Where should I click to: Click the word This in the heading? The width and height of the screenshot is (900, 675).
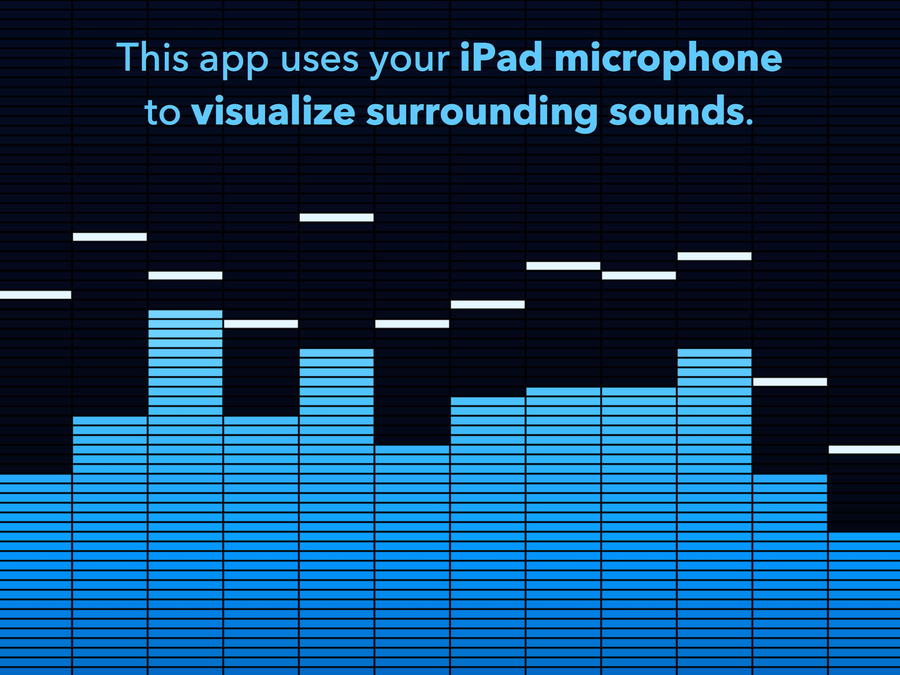(x=153, y=57)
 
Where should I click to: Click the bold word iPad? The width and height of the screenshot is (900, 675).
(x=501, y=57)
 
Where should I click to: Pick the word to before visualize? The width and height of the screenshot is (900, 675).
(x=162, y=112)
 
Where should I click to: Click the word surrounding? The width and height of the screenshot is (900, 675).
(x=482, y=114)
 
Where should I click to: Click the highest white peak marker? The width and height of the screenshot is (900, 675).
(x=336, y=217)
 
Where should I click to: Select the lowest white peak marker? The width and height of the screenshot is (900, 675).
(x=864, y=450)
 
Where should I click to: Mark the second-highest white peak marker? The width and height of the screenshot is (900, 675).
(x=110, y=237)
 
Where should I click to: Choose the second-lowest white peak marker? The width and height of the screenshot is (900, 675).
(x=790, y=382)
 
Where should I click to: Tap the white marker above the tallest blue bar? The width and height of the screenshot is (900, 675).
(x=185, y=276)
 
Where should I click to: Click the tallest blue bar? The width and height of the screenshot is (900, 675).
(x=185, y=492)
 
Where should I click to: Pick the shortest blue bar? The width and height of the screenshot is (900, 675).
(x=864, y=604)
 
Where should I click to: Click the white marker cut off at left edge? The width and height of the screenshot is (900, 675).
(x=35, y=295)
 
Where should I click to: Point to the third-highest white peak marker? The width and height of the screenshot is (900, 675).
(x=715, y=256)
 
